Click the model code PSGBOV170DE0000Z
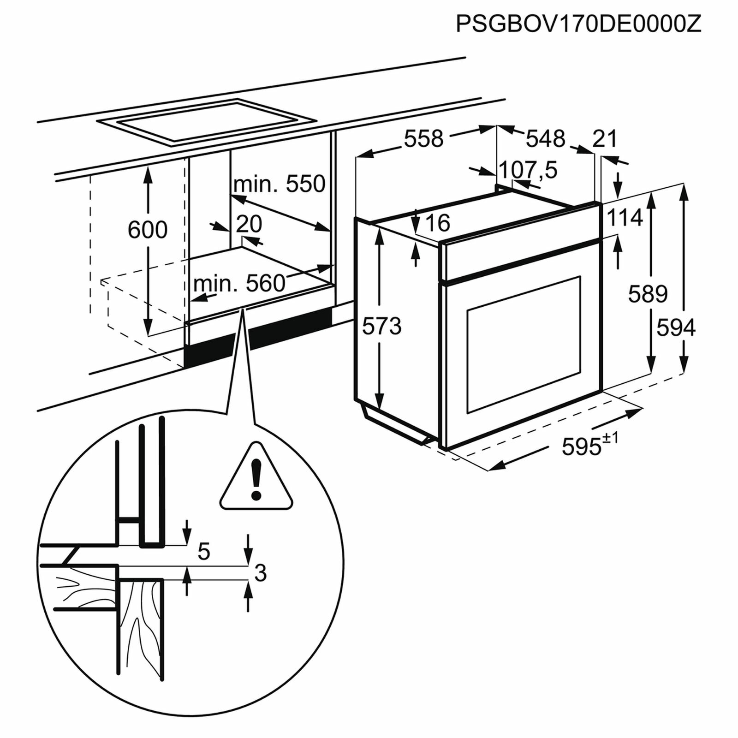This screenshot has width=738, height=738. (x=578, y=24)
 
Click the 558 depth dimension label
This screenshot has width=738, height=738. (x=423, y=138)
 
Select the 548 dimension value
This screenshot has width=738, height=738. (x=545, y=138)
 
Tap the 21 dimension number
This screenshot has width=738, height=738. (x=605, y=138)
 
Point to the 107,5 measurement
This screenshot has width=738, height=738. (x=528, y=170)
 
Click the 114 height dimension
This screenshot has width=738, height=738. (x=625, y=218)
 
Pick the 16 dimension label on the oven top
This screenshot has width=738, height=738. (x=438, y=223)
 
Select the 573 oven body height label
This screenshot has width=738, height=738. (x=381, y=327)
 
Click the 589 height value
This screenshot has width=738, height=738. (x=648, y=294)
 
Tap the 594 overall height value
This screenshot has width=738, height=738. (x=676, y=328)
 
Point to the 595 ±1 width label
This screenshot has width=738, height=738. (x=589, y=445)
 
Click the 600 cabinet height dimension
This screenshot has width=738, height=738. (x=148, y=230)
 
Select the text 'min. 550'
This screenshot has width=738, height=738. (x=279, y=184)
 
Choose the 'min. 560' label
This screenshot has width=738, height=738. (x=239, y=283)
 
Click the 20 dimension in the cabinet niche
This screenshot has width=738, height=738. (x=249, y=224)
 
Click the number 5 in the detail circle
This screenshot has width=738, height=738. (x=203, y=552)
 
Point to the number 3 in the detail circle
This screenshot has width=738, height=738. (x=260, y=573)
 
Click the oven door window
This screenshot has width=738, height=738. (x=524, y=344)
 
